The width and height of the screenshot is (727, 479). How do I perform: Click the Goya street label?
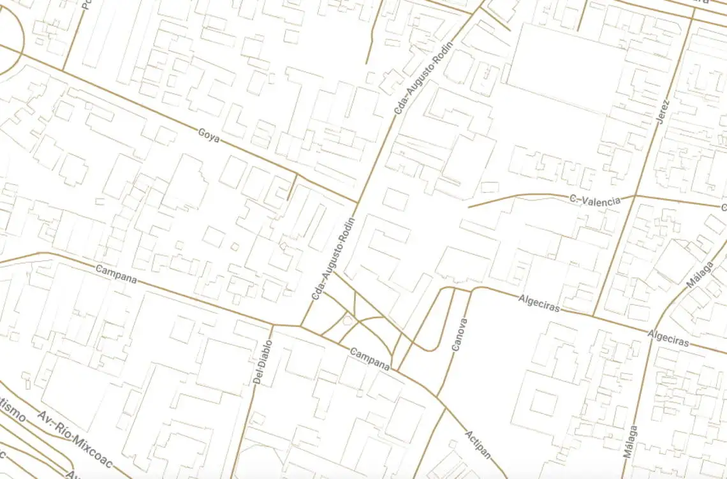[x=209, y=135]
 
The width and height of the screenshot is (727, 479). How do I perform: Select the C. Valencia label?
[x=594, y=200]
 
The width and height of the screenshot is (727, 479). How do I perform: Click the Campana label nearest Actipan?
[x=370, y=359]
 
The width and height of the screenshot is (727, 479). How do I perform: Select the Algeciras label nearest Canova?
[x=539, y=303]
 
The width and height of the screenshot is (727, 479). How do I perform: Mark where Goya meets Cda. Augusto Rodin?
[x=357, y=203]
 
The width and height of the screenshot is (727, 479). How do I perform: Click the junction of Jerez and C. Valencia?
[x=636, y=195]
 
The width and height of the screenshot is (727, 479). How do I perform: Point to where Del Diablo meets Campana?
[x=273, y=325]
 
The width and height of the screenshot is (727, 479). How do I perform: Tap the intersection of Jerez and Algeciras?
[x=594, y=316]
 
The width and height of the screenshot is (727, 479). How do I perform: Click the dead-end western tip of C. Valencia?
[x=469, y=207]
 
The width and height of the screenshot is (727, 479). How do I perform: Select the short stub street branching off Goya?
[x=292, y=186]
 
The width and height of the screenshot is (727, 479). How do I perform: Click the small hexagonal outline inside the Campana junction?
[x=348, y=320]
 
